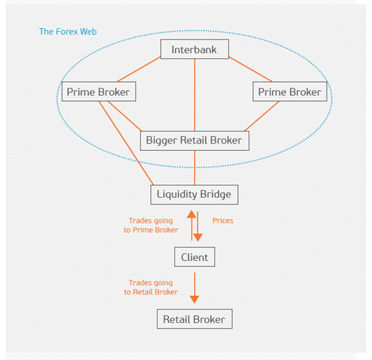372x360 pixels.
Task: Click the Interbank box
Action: coord(194,50)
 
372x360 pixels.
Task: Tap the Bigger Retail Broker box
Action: coord(194,140)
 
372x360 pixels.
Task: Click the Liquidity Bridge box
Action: coord(194,195)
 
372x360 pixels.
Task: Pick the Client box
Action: coord(194,257)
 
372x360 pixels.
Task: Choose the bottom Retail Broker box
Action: coord(194,320)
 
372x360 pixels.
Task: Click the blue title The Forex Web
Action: coord(68,32)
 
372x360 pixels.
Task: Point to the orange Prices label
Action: coord(223,221)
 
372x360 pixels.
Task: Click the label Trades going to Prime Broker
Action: coord(153,225)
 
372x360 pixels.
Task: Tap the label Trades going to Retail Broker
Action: coord(153,287)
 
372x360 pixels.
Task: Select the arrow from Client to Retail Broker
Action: coord(194,286)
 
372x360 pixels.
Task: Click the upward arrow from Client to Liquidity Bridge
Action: coord(190,223)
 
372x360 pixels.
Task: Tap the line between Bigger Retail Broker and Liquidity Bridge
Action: coord(194,167)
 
